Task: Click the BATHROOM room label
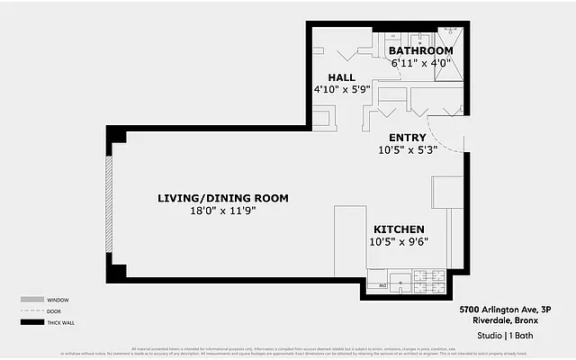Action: (414, 50)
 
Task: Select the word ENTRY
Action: (407, 138)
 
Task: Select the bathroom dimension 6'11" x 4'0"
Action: (414, 64)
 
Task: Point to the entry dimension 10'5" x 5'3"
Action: (407, 150)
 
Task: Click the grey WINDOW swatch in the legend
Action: (32, 300)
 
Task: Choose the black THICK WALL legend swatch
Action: (32, 322)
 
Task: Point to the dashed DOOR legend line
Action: (32, 310)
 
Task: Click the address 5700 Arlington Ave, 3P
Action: (504, 309)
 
